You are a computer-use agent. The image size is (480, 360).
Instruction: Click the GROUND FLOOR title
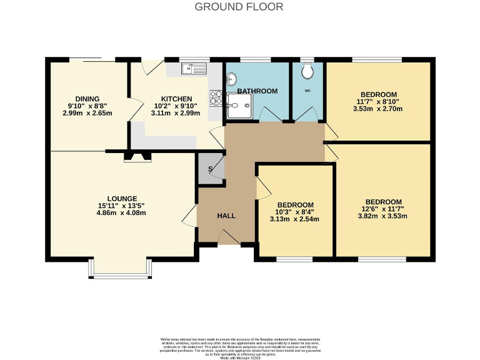pyautogui.click(x=239, y=7)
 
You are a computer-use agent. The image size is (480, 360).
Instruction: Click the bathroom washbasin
pyautogui.click(x=232, y=80)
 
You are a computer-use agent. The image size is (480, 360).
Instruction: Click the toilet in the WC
pyautogui.click(x=306, y=72)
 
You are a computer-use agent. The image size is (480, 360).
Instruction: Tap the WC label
pyautogui.click(x=307, y=91)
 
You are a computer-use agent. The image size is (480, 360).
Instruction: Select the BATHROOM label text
pyautogui.click(x=257, y=91)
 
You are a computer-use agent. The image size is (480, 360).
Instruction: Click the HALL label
pyautogui.click(x=226, y=216)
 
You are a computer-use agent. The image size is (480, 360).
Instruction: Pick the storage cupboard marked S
pyautogui.click(x=209, y=169)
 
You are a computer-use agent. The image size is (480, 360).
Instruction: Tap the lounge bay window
pyautogui.click(x=118, y=269)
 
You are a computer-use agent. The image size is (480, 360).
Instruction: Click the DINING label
pyautogui.click(x=87, y=99)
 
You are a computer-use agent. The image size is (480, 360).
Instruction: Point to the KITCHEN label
pyautogui.click(x=176, y=99)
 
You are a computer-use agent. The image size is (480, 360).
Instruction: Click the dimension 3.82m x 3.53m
pyautogui.click(x=382, y=216)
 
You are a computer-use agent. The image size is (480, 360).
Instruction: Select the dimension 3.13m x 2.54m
pyautogui.click(x=294, y=219)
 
